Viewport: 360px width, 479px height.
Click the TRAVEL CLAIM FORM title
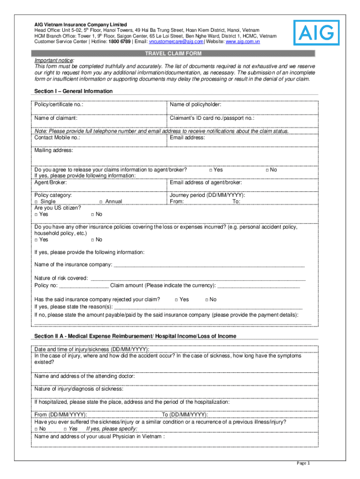pos(173,54)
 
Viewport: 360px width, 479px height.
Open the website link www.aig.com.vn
pos(243,42)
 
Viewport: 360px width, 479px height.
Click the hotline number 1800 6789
pos(120,42)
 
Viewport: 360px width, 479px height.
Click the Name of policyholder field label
pos(195,104)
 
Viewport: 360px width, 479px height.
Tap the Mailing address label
pos(54,150)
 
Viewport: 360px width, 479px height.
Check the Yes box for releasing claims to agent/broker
pos(211,170)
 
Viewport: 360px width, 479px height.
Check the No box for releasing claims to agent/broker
pos(267,170)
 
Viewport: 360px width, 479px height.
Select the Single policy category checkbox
pos(36,202)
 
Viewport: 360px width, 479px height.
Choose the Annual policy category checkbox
pos(101,202)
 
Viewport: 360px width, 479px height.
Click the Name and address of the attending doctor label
pos(84,376)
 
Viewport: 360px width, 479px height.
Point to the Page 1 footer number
pos(303,463)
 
